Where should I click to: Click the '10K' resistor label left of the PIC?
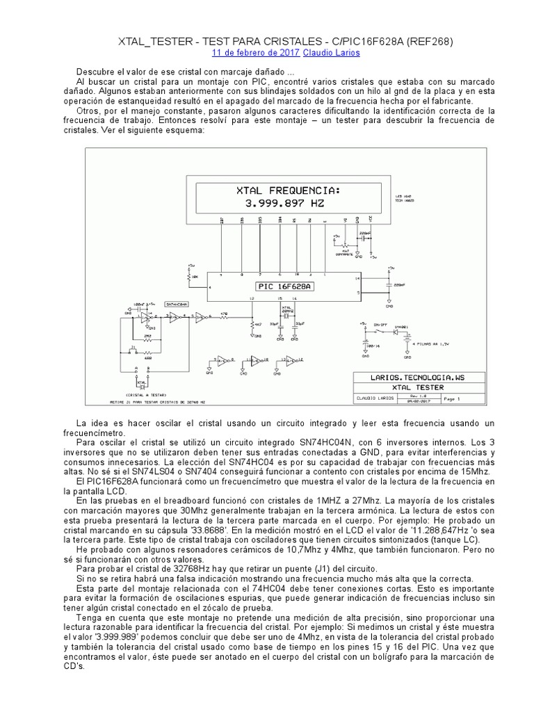click(x=195, y=276)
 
